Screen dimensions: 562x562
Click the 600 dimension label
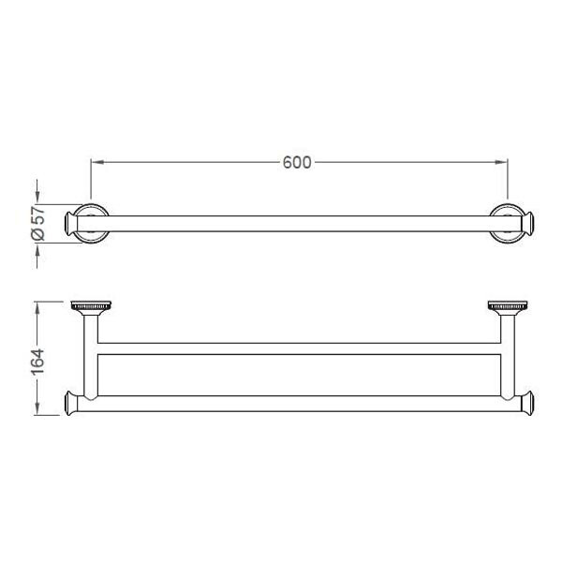pos(297,162)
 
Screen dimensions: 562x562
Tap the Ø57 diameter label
pos(38,223)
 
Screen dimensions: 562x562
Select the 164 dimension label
pos(37,361)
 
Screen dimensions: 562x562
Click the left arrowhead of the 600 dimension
pos(97,162)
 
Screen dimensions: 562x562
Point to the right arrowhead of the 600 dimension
pos(501,162)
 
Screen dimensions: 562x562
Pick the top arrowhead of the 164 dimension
pos(37,308)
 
